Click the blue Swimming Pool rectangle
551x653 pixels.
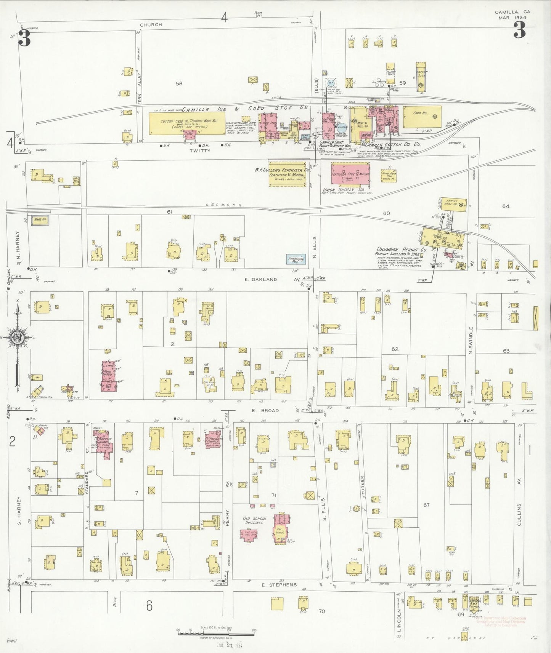[x=296, y=259]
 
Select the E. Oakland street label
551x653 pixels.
[x=261, y=279]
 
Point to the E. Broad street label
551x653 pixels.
[x=265, y=411]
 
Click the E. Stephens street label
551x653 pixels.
[x=279, y=584]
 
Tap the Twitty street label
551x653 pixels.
[x=200, y=150]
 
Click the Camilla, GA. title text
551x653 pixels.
[x=513, y=12]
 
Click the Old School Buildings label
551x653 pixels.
[x=255, y=520]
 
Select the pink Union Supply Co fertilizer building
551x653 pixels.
[x=350, y=174]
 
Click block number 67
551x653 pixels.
[x=426, y=505]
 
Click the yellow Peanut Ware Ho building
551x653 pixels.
[x=453, y=203]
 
